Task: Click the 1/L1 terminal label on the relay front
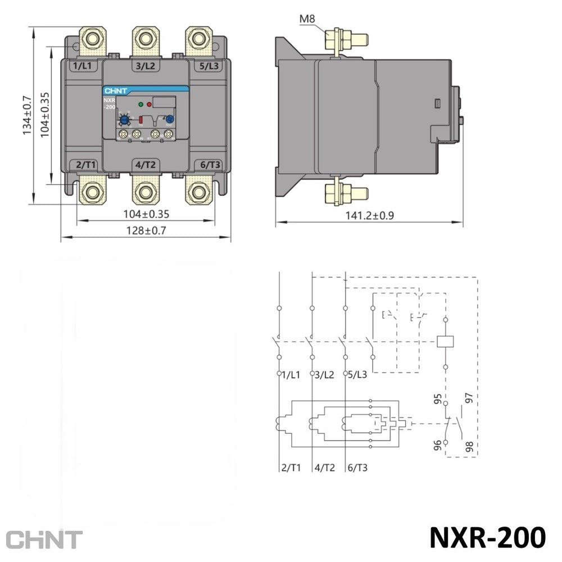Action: (82, 66)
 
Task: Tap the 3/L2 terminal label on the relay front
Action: (146, 66)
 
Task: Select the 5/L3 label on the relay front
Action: (209, 66)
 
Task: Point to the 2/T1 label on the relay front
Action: (85, 165)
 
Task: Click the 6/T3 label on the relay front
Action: (210, 165)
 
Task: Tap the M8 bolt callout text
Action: (307, 19)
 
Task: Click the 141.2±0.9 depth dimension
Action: (370, 215)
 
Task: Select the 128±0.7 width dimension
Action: (146, 230)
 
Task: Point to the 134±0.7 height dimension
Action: (27, 115)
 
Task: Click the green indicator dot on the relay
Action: (141, 105)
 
